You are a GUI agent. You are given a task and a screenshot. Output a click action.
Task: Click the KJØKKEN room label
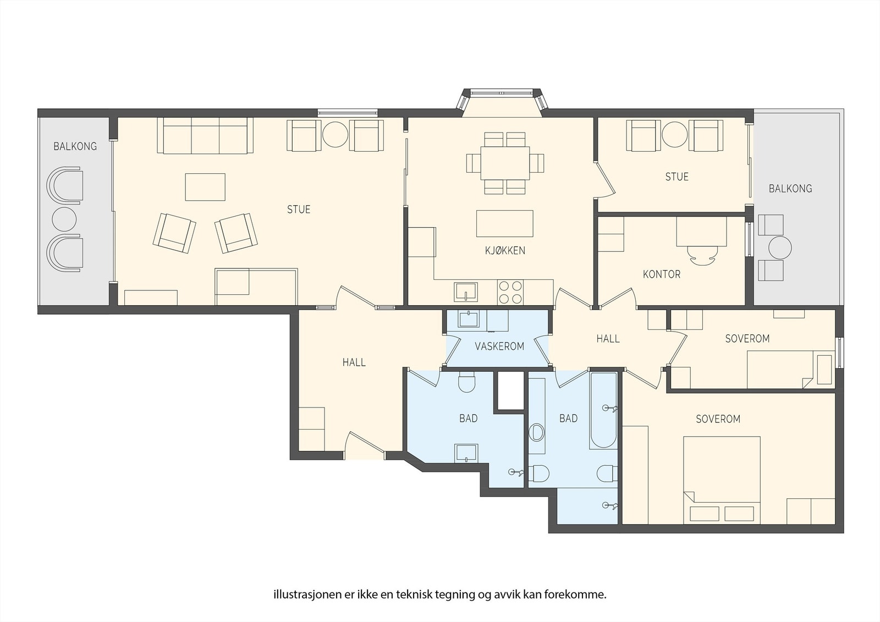505,251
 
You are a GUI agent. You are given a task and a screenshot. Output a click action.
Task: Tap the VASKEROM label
499,346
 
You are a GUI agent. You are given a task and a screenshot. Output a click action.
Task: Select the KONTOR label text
661,274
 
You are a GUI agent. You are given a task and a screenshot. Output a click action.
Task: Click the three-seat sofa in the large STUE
205,135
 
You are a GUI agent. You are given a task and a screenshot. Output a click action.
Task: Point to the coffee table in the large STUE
205,187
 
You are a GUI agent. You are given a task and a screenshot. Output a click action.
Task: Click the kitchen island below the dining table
504,223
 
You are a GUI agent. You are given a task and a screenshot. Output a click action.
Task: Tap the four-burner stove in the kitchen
510,292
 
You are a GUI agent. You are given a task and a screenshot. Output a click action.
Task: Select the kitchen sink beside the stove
465,291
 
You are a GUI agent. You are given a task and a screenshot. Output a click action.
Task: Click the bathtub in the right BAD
603,410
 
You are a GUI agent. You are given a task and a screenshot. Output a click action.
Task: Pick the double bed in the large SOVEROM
721,478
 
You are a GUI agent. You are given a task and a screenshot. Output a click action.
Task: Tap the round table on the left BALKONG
64,219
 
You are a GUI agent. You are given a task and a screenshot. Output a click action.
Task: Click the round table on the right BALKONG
780,247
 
